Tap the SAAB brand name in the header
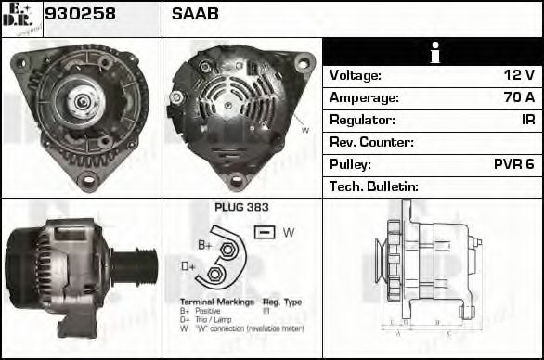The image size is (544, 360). coord(194,15)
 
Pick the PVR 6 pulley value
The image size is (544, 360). coord(513,164)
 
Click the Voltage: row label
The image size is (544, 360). coord(356,75)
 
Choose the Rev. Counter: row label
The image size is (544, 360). coord(371,142)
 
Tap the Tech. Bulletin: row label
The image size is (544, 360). coord(374,186)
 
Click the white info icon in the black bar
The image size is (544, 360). coord(434,53)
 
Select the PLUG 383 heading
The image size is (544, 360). coord(241,208)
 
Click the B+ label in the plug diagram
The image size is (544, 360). coord(205,245)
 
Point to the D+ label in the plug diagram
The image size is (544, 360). coord(188,267)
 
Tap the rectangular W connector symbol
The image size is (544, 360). coord(264,232)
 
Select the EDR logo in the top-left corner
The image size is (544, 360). coord(20,19)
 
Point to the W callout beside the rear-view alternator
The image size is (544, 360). coord(304,131)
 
